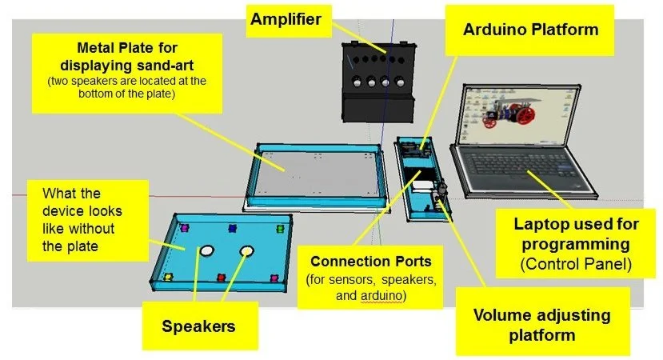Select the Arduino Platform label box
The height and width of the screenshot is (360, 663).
point(530,30)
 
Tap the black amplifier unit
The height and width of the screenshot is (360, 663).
point(376,80)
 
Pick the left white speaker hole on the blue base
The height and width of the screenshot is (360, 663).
point(206,251)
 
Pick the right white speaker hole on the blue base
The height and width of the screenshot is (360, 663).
point(246,251)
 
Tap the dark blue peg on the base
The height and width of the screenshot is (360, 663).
point(233,228)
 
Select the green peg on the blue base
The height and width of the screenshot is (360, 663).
point(280,228)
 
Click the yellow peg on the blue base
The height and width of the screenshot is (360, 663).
point(168,277)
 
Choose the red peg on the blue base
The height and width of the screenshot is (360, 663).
point(221,278)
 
